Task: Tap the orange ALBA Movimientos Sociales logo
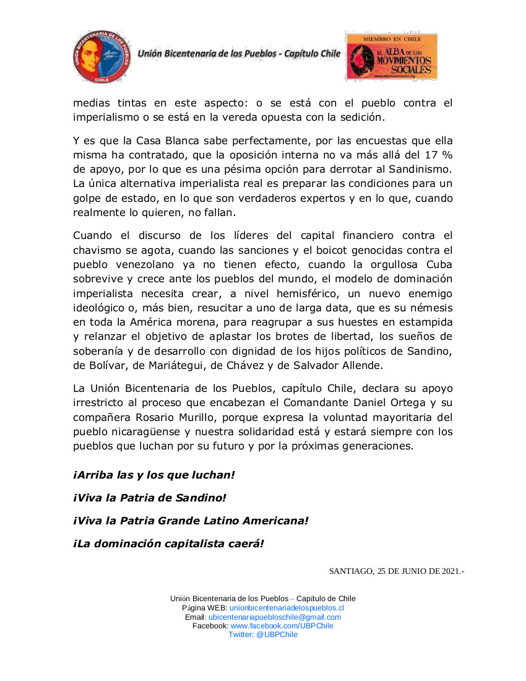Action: point(391,57)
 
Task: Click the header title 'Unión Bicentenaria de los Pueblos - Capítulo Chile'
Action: point(239,54)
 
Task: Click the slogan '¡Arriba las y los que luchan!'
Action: point(154,475)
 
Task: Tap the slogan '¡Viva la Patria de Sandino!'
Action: point(150,498)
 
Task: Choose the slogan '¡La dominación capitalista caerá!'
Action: point(168,544)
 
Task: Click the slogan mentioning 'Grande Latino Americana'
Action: point(191,521)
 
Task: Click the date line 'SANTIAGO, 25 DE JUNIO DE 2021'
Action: point(396,570)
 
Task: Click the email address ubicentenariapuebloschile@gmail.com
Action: point(275,617)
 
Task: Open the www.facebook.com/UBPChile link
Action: point(282,626)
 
